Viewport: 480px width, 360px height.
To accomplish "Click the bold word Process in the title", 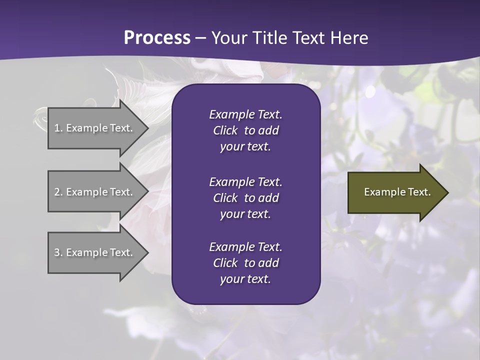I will click(x=157, y=38).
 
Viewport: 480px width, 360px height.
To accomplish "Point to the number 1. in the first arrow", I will click(x=58, y=128).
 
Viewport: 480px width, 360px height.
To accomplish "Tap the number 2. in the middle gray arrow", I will click(x=58, y=192).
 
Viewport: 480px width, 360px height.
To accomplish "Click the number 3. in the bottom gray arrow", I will click(x=58, y=252).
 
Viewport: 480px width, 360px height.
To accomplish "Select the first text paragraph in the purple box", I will click(x=245, y=130).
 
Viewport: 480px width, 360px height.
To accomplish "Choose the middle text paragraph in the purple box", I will click(x=245, y=198).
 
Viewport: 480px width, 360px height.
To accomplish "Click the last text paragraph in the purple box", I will click(x=245, y=263).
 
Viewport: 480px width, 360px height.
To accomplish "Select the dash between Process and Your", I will click(x=201, y=38).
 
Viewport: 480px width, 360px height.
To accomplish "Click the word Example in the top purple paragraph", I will click(x=232, y=114).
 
